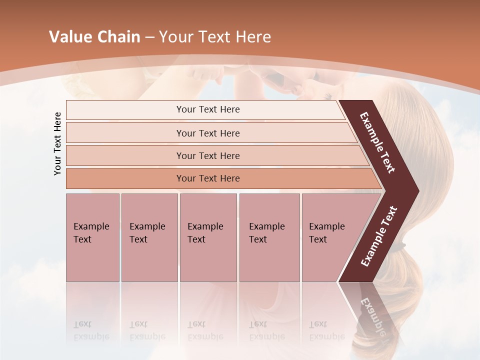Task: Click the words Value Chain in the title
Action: click(x=94, y=37)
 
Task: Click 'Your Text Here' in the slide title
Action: click(x=215, y=37)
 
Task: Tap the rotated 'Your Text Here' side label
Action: click(x=57, y=144)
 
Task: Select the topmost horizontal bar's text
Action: click(x=208, y=109)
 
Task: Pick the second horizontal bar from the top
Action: click(x=208, y=133)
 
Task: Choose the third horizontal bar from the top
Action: click(x=208, y=155)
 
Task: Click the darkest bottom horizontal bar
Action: click(x=208, y=178)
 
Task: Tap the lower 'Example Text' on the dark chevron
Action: click(x=379, y=236)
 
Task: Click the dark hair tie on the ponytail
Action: click(x=398, y=245)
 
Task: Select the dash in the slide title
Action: click(x=149, y=37)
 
